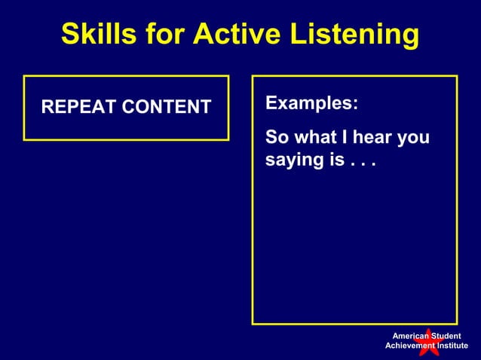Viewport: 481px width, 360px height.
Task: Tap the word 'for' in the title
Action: pos(168,34)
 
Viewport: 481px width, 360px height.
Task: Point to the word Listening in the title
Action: pos(354,34)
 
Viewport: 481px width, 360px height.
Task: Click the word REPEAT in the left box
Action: pos(76,108)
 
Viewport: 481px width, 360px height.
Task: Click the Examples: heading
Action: pos(311,103)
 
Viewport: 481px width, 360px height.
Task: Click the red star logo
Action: pos(427,341)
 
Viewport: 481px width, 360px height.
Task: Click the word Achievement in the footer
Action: pos(412,346)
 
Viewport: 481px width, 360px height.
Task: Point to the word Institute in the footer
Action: pos(452,346)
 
